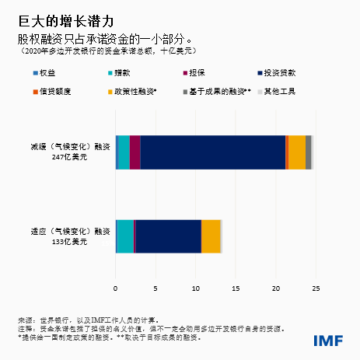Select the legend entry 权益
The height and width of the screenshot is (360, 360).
point(51,73)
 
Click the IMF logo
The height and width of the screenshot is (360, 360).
point(329,341)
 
